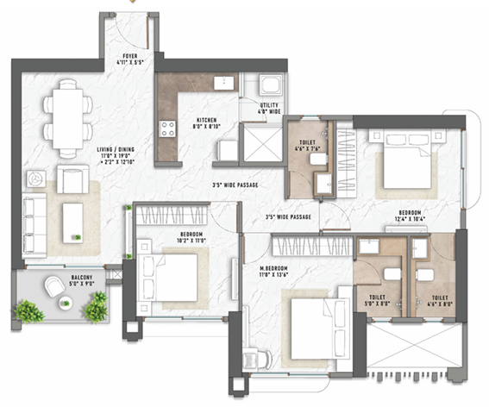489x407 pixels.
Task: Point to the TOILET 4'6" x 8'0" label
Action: click(x=441, y=299)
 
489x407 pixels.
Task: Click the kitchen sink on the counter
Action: click(x=223, y=84)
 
